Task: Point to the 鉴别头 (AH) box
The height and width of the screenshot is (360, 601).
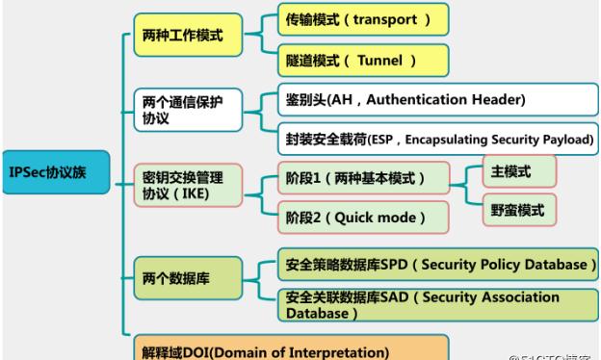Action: coord(405,100)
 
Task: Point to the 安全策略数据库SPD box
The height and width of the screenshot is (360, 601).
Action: coord(436,263)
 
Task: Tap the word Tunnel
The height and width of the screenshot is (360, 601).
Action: coord(378,61)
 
